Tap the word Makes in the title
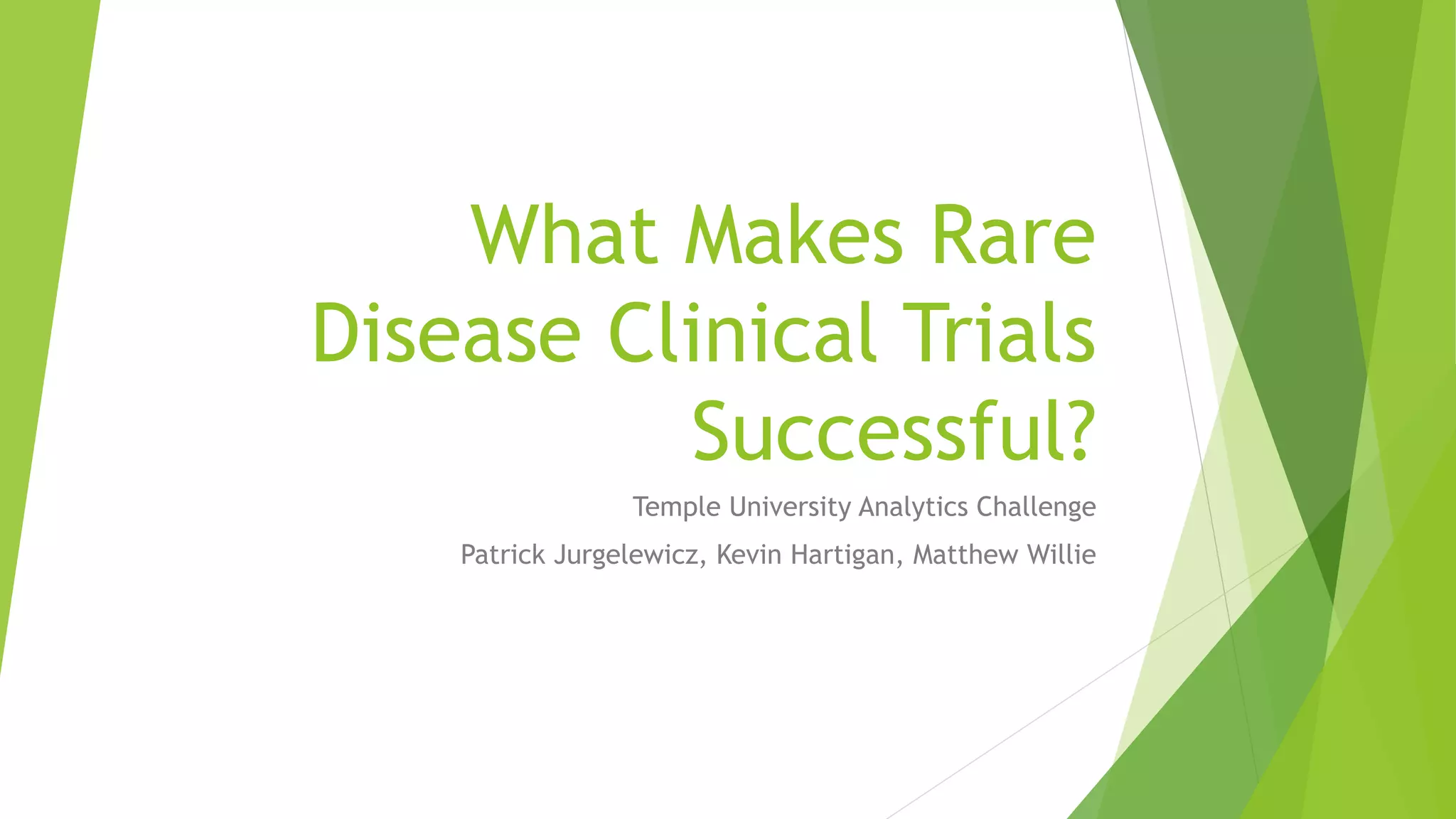pos(793,235)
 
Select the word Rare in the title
pos(1012,235)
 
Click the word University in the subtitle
pos(790,508)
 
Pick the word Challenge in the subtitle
pos(1036,508)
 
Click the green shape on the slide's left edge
pos(36,284)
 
